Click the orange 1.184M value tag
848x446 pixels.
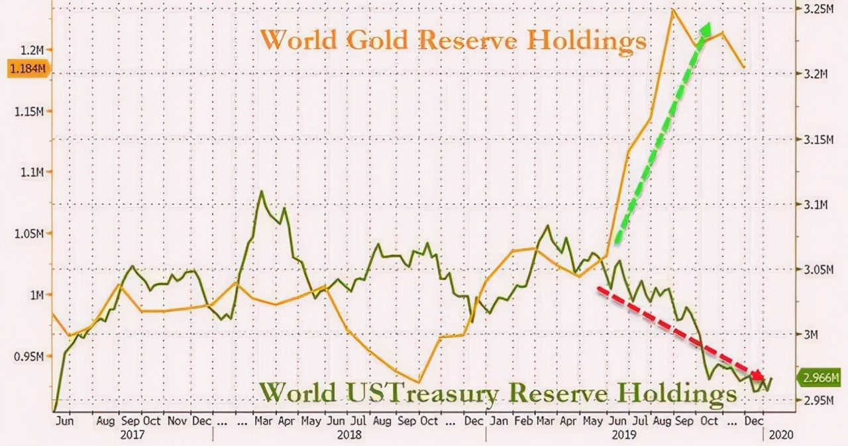pyautogui.click(x=25, y=68)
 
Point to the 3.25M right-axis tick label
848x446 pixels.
pyautogui.click(x=818, y=10)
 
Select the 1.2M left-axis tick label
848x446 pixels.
pyautogui.click(x=31, y=49)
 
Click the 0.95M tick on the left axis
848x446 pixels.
pyautogui.click(x=27, y=357)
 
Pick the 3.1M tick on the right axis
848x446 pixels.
pyautogui.click(x=815, y=205)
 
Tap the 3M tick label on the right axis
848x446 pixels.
pyautogui.click(x=810, y=335)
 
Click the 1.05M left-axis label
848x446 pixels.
pyautogui.click(x=27, y=234)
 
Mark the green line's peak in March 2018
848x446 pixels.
pyautogui.click(x=261, y=192)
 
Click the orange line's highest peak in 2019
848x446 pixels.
pyautogui.click(x=673, y=10)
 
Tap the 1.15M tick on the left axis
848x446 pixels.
pyautogui.click(x=27, y=111)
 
